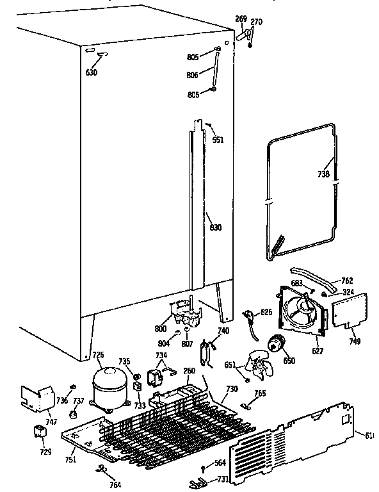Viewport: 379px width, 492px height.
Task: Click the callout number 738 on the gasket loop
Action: point(323,174)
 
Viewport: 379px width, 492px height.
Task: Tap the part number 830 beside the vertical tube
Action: point(216,227)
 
